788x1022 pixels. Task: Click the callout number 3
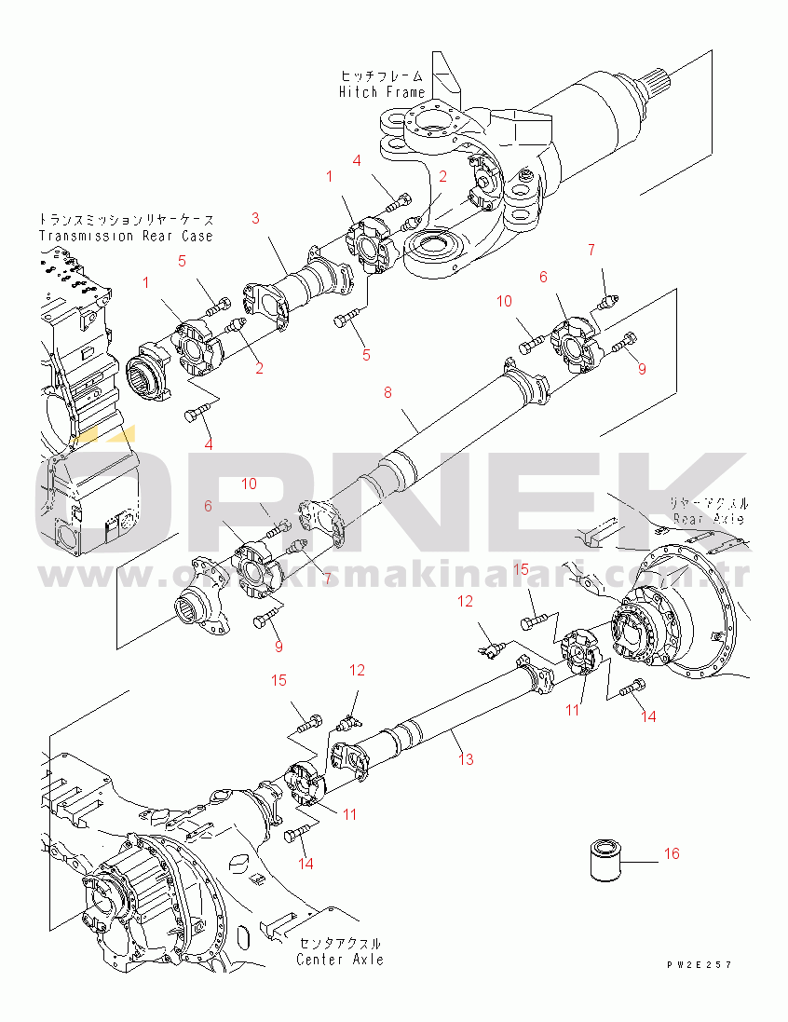255,218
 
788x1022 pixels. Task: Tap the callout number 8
388,393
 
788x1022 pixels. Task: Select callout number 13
466,759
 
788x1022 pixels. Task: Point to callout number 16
672,853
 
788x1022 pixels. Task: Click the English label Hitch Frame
382,91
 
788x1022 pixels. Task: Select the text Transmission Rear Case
126,236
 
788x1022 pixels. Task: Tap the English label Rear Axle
711,518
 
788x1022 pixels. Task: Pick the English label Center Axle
340,959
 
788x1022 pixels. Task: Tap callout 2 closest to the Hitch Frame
443,176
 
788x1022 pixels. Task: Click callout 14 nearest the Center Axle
305,864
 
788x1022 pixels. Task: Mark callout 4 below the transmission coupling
208,444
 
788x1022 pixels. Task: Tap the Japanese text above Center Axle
340,943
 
